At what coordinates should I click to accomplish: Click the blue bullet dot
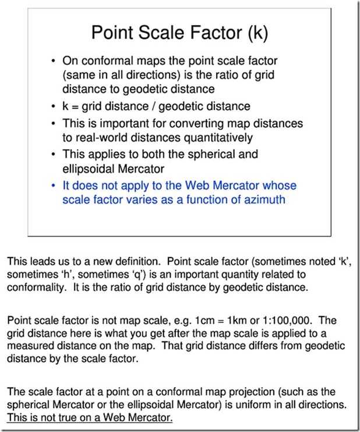point(53,186)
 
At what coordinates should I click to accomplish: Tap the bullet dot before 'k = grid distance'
point(53,107)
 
